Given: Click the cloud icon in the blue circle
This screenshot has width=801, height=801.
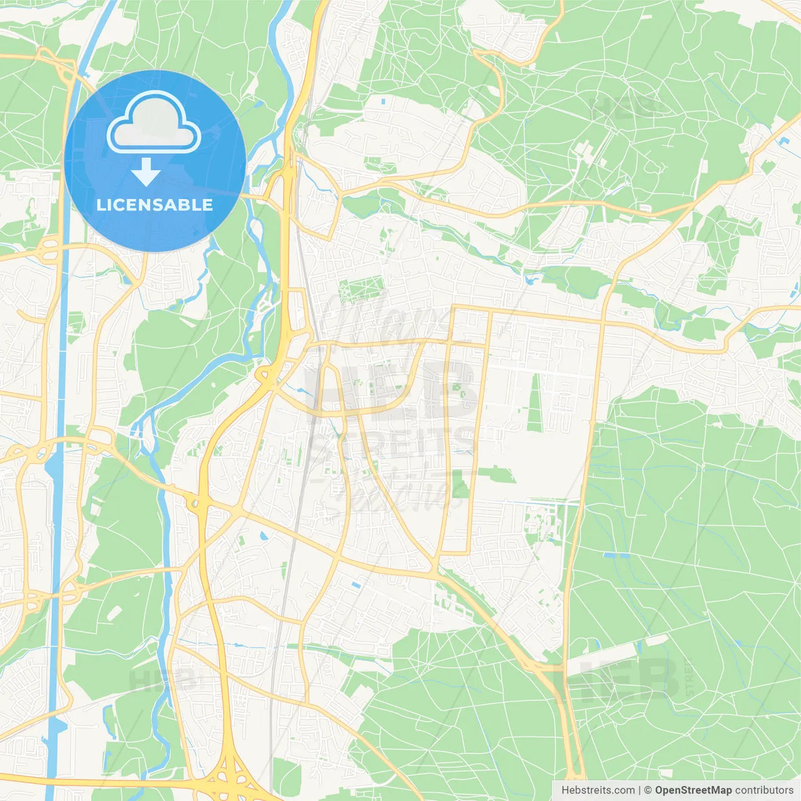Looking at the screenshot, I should point(154,123).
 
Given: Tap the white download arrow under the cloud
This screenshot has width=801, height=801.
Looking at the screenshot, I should point(146,173).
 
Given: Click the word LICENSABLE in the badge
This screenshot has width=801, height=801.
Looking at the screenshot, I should point(155,205).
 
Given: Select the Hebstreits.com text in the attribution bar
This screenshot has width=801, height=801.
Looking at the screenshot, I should point(598,790).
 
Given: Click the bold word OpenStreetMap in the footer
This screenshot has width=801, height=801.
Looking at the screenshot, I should point(693,790).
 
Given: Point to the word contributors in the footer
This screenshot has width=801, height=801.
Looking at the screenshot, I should point(763,790).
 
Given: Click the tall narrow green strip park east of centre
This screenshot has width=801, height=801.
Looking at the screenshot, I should point(535,404).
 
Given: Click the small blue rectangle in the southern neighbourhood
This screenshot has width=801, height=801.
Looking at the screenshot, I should point(356,585).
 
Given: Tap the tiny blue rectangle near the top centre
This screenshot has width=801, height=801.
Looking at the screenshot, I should point(382,99).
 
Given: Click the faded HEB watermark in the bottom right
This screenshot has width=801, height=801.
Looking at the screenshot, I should point(626,679).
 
